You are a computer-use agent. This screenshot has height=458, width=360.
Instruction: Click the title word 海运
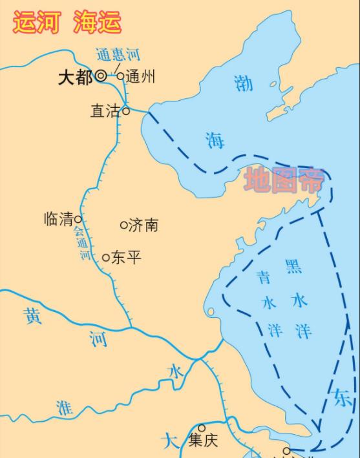[x=97, y=21]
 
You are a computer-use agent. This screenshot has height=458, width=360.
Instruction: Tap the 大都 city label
[x=75, y=78]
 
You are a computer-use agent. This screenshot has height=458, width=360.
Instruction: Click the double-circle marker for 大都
[x=101, y=76]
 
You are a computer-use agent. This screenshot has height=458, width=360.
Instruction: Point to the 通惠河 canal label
[x=118, y=56]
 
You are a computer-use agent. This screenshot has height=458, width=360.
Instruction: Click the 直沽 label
[x=105, y=111]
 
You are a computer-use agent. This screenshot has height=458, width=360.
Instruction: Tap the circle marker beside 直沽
[x=126, y=111]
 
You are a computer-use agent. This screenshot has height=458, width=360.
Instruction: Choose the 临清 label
[x=59, y=219]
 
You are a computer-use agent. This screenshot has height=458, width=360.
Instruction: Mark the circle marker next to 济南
[x=124, y=225]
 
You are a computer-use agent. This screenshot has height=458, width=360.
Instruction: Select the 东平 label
[x=126, y=257]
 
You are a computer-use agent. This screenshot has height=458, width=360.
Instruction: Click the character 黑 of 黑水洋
[x=293, y=266]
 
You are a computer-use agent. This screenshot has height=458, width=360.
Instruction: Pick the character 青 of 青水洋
[x=263, y=278]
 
